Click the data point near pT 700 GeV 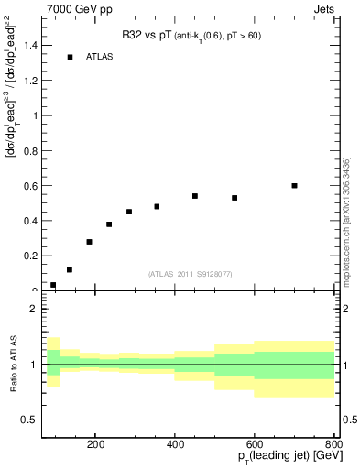(x=294, y=185)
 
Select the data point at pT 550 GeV (x=235, y=198)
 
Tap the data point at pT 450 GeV (x=195, y=196)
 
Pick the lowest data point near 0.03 (x=53, y=285)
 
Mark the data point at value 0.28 (x=89, y=242)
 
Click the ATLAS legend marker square (x=70, y=57)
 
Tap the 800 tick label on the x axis (x=333, y=443)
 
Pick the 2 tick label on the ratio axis (x=34, y=310)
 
